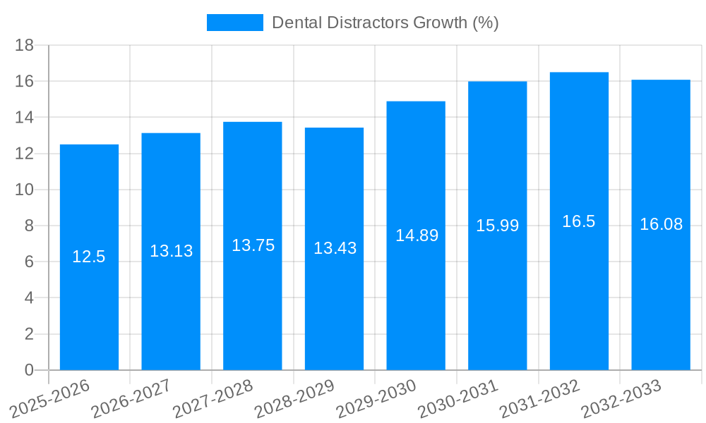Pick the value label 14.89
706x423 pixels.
pos(417,235)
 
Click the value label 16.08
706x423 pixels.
pos(661,224)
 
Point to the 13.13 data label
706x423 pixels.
pos(171,251)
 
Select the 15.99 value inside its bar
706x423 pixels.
pos(497,226)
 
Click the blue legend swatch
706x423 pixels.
pos(234,23)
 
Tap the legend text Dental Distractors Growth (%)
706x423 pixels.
pos(385,23)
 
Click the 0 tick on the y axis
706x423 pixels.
pos(29,369)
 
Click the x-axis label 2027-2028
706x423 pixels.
pos(213,399)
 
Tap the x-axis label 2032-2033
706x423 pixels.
pos(621,399)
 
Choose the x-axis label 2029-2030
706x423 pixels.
pos(376,399)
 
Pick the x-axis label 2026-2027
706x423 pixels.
pos(131,399)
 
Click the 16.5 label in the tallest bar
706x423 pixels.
pos(579,221)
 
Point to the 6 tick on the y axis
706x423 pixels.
pos(29,262)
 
